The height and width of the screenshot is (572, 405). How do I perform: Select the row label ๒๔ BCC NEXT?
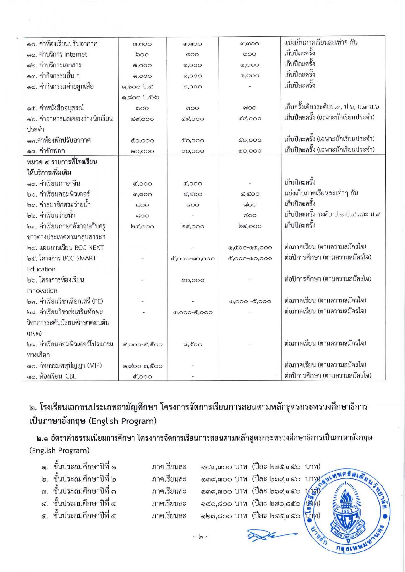[x=65, y=248]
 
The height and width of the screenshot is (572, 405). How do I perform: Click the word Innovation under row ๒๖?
[x=42, y=291]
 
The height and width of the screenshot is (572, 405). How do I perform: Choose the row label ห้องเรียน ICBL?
[x=51, y=376]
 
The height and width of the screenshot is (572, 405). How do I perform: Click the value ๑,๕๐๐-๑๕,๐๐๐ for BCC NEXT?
[x=250, y=248]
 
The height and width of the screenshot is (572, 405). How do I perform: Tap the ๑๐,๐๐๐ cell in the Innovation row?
[x=193, y=280]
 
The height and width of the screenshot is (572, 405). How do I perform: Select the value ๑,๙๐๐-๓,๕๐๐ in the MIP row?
[x=142, y=366]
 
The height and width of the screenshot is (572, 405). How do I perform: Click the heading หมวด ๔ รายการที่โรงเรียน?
[x=62, y=162]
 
